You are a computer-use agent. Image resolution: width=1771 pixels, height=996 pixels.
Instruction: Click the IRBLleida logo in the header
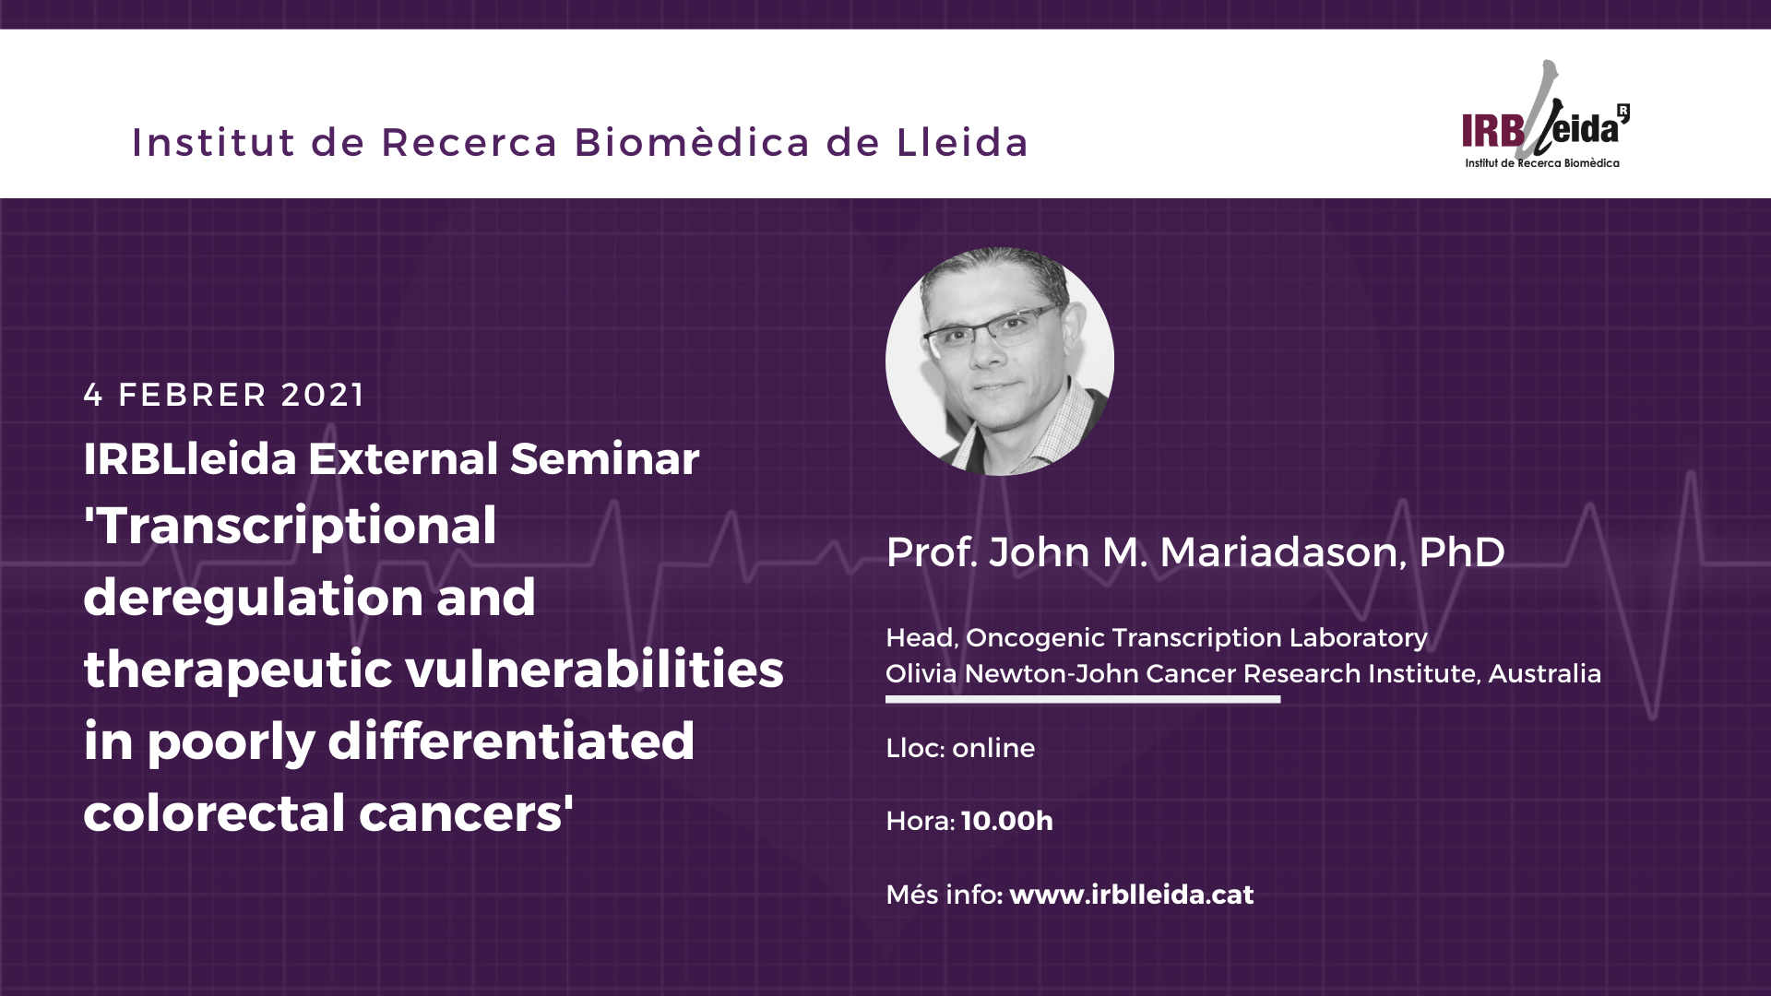[x=1546, y=115]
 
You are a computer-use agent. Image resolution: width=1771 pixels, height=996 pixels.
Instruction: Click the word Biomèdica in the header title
[x=693, y=142]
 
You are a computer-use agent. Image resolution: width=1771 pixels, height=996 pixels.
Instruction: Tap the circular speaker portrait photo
[x=1000, y=362]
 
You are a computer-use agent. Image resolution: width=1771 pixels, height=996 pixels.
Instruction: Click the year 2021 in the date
[x=323, y=395]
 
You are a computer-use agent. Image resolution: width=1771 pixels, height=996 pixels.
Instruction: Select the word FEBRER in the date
[x=193, y=395]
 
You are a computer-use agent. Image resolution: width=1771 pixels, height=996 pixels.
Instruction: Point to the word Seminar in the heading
[x=604, y=458]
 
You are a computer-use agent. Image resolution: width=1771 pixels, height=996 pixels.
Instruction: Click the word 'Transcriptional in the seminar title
[x=291, y=527]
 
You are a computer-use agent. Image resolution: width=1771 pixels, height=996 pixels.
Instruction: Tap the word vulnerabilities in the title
[x=595, y=669]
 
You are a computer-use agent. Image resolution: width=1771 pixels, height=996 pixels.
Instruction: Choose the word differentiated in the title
[x=511, y=741]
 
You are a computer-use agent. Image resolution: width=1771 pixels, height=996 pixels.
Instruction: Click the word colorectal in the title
[x=214, y=812]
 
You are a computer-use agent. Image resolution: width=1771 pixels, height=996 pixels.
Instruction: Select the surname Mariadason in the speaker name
[x=1283, y=552]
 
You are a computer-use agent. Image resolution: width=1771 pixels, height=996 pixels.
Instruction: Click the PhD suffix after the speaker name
[x=1462, y=552]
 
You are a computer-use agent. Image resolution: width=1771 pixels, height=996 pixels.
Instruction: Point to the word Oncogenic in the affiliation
[x=1035, y=638]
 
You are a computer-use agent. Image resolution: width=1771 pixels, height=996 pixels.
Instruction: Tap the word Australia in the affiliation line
[x=1545, y=673]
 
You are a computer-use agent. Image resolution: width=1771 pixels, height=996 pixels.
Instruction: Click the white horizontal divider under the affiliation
[x=1083, y=699]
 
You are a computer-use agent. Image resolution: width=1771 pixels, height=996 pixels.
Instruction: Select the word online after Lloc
[x=993, y=748]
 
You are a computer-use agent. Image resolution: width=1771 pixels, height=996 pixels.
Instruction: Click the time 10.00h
[x=1007, y=821]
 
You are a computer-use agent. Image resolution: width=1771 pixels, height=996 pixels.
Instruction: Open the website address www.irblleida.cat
[x=1132, y=895]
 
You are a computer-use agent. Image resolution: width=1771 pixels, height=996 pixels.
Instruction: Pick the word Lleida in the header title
[x=962, y=142]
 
